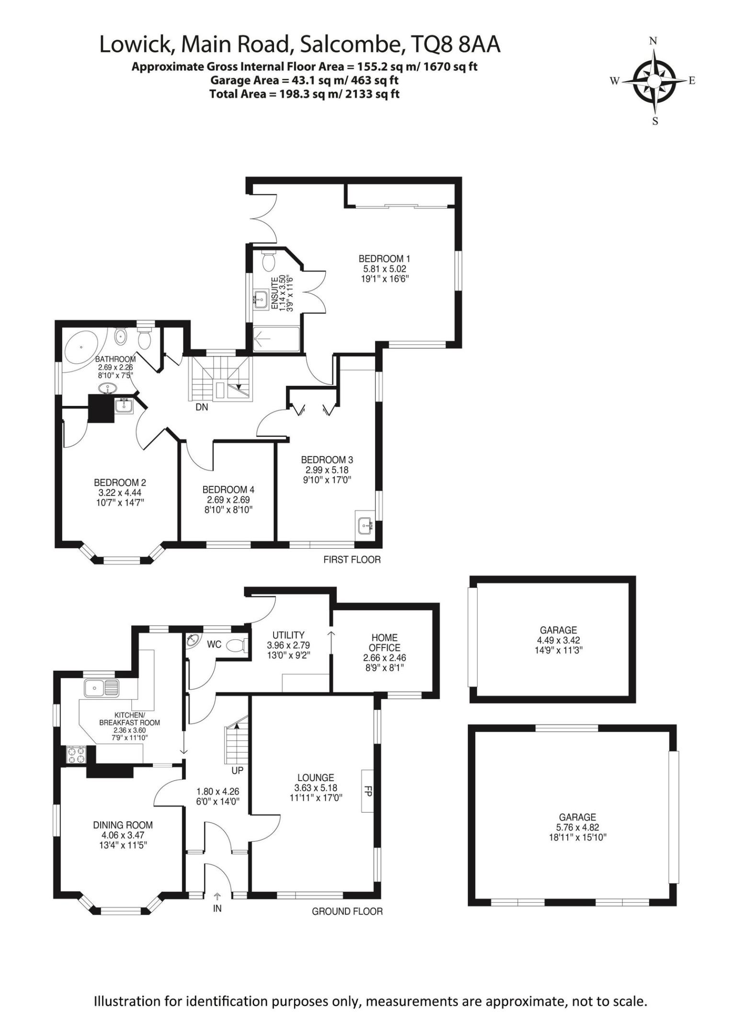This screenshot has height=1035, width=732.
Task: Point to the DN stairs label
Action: tap(202, 407)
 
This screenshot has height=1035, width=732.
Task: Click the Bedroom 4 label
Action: tap(228, 490)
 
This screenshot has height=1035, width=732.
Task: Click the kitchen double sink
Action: tap(101, 689)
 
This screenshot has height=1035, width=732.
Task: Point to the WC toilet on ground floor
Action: tap(236, 646)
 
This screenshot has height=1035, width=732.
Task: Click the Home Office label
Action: tap(385, 643)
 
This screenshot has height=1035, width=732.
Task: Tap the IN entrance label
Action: tap(217, 908)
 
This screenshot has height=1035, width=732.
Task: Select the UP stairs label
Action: tap(238, 770)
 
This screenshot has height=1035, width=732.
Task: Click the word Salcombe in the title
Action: tap(348, 45)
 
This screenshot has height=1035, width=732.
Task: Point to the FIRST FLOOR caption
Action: tap(352, 560)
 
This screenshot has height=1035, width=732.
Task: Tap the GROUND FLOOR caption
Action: tap(347, 911)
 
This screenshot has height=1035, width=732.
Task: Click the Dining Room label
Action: tap(123, 825)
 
